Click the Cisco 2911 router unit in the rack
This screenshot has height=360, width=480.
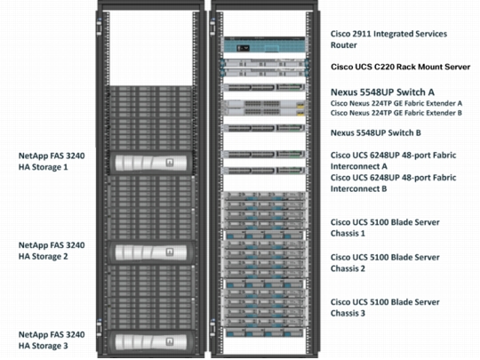265,45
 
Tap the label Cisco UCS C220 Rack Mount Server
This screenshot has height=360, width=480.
400,67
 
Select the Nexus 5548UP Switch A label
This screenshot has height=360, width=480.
382,92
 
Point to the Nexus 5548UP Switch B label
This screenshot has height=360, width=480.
376,132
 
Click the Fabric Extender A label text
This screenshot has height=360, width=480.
396,103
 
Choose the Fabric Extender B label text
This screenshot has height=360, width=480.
396,113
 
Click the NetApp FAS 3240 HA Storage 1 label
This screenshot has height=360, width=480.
52,161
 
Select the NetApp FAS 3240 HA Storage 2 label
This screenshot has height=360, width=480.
52,251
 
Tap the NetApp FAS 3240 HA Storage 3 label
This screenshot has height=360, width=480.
52,340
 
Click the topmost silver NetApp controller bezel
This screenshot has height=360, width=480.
150,163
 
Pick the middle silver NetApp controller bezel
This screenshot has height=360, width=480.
150,252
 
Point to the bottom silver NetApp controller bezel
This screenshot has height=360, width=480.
150,342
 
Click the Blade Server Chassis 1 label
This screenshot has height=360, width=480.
385,228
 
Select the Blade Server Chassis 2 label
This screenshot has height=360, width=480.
385,263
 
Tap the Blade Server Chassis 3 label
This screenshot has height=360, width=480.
385,308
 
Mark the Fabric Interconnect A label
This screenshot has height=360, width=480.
394,161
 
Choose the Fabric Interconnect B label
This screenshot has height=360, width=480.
394,183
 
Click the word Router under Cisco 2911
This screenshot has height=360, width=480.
343,45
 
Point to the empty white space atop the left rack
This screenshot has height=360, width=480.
151,48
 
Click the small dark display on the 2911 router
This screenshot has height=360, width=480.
243,48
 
